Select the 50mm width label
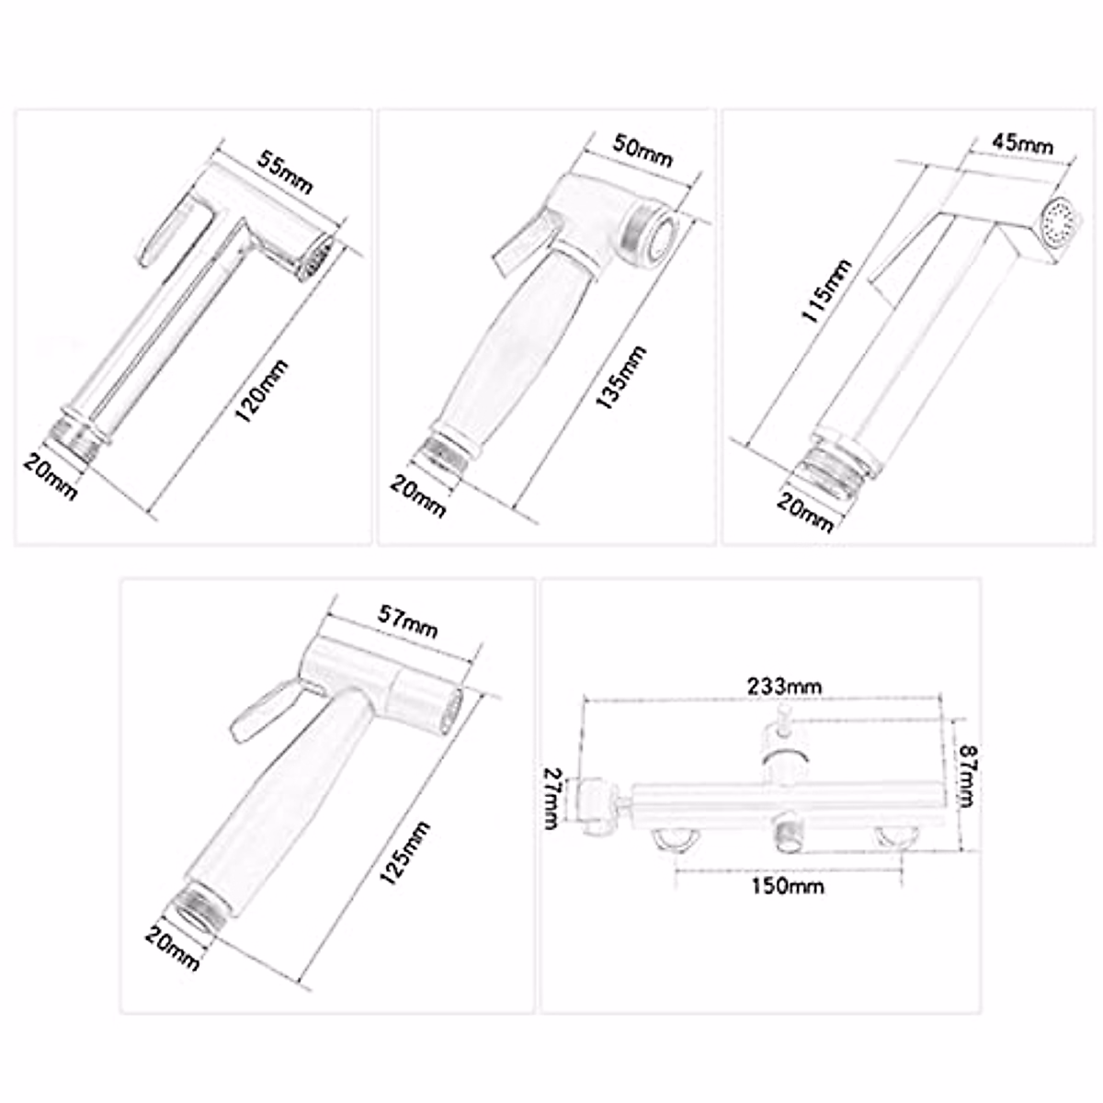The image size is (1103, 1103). [642, 152]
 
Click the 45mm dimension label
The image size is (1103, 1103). [1022, 143]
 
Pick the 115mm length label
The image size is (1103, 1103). [826, 291]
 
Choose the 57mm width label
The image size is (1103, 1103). [408, 628]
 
